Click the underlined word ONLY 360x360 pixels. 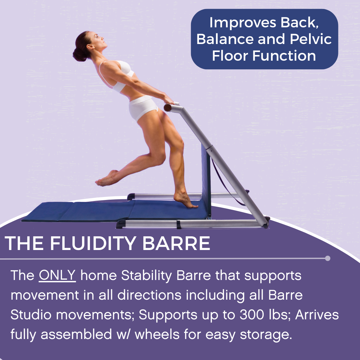57,276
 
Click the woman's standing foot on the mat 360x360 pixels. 185,201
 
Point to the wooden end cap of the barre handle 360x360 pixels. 168,108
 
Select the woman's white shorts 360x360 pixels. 143,107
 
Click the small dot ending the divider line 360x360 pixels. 328,258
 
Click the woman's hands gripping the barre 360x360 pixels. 169,100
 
